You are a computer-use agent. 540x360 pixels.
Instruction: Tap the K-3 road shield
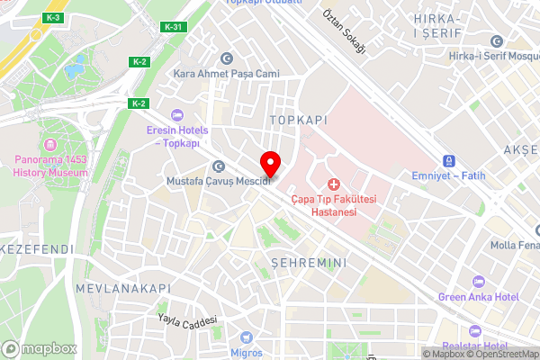[53, 18]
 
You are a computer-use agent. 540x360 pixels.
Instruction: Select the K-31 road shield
[174, 27]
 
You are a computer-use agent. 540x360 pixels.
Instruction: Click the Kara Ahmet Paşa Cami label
[226, 74]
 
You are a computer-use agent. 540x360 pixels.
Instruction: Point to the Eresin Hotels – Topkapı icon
[175, 114]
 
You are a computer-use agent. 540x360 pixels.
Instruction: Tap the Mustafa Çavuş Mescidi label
[219, 181]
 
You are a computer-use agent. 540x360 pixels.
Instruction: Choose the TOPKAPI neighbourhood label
[298, 119]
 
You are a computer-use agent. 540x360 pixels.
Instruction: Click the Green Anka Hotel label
[479, 297]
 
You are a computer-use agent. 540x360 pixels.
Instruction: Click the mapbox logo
[38, 348]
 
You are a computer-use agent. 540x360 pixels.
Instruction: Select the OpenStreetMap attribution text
[501, 354]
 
